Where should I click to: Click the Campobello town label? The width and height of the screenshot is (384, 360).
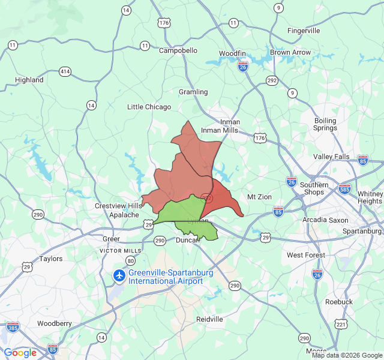178,50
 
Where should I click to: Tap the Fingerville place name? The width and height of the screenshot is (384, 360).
304,31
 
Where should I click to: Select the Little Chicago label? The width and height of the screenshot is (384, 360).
149,107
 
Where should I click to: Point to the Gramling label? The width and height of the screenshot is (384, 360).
193,92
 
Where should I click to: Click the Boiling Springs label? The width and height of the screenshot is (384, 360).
325,124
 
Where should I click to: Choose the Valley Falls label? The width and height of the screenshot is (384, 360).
331,157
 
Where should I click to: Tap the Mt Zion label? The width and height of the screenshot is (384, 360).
259,197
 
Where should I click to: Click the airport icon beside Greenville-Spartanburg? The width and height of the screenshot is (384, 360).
119,276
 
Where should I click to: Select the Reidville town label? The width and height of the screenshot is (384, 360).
209,319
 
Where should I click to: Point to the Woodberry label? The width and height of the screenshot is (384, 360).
54,323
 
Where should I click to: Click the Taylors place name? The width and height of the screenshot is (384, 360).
51,259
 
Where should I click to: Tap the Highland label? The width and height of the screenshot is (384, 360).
29,80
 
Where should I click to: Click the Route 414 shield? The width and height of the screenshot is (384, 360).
65,71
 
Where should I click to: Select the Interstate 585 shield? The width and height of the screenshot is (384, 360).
344,188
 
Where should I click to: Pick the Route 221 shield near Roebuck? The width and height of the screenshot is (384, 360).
341,325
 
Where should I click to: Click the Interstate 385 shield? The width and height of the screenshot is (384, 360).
13,326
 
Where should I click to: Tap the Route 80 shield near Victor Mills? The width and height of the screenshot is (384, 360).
131,260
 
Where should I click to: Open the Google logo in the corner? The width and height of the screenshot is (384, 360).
20,353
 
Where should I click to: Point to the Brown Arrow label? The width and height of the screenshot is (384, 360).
290,52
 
